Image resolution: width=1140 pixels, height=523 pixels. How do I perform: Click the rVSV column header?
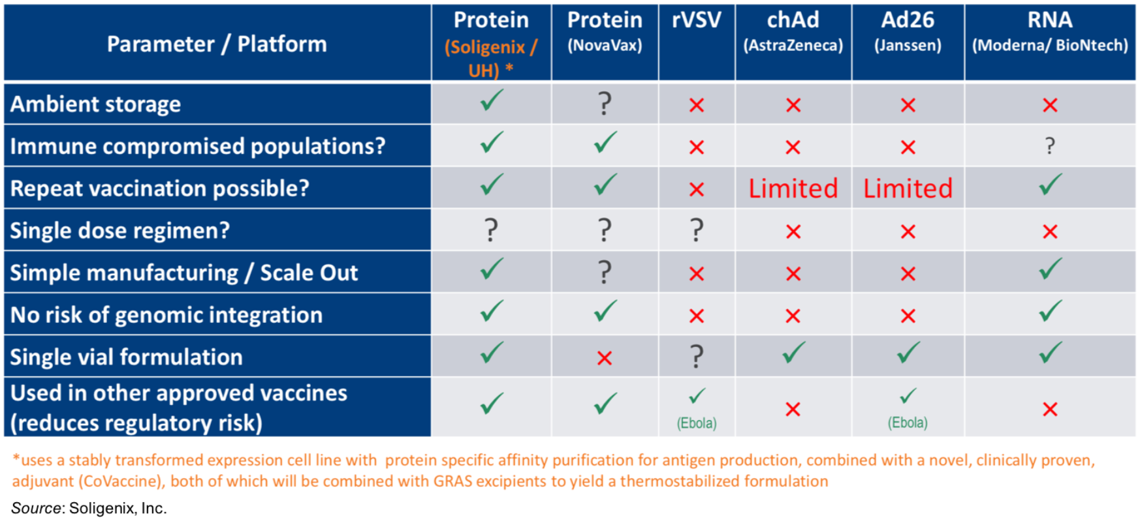coord(696,20)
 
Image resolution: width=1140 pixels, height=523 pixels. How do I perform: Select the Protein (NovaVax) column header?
coord(605,31)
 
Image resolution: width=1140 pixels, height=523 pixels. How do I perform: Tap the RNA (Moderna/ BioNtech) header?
coord(1050,31)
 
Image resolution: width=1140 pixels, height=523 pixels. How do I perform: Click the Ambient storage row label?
coord(95,104)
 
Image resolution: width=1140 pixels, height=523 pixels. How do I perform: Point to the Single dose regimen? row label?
coord(120,230)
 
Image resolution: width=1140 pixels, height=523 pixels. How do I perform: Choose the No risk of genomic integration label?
coord(166,315)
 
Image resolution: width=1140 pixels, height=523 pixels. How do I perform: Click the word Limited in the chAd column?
coord(793,188)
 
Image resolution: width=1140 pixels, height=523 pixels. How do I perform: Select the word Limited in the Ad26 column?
coord(908,188)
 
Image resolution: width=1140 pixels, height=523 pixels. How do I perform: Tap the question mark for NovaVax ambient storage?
coord(605,104)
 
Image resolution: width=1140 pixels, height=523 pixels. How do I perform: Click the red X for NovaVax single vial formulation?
coord(605,357)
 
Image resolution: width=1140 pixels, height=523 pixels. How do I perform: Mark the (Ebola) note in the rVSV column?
coord(697,423)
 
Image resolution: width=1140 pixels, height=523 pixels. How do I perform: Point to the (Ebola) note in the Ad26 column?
coord(908,423)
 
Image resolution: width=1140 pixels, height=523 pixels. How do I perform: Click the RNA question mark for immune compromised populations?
coord(1050,146)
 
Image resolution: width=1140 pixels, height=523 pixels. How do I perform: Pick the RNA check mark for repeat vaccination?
coord(1050,185)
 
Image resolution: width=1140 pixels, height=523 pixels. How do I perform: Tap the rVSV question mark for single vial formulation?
coord(697,357)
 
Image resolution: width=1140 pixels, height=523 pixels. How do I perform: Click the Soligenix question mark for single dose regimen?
coord(491,230)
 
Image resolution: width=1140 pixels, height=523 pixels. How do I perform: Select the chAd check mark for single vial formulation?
coord(793,353)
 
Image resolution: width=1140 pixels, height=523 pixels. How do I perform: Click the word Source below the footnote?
coord(35,508)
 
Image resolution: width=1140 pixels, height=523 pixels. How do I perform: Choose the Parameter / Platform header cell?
coord(217,44)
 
